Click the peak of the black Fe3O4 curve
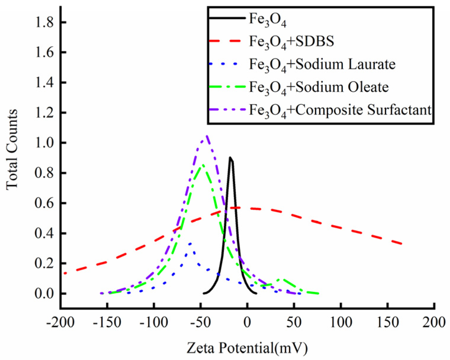tap(230, 158)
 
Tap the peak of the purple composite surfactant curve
tap(206, 136)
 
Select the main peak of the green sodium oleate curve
tap(203, 165)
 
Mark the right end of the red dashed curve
tap(402, 244)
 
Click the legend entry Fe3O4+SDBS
tap(291, 41)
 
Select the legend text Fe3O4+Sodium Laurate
tap(322, 65)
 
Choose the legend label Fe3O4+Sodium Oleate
tap(319, 87)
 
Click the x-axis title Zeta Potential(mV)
tap(247, 348)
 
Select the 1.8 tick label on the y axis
tap(44, 22)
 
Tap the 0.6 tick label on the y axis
tap(44, 203)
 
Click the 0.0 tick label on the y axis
tap(44, 294)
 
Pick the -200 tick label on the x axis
tap(60, 322)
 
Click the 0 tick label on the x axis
tap(247, 322)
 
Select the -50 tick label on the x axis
tap(200, 322)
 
